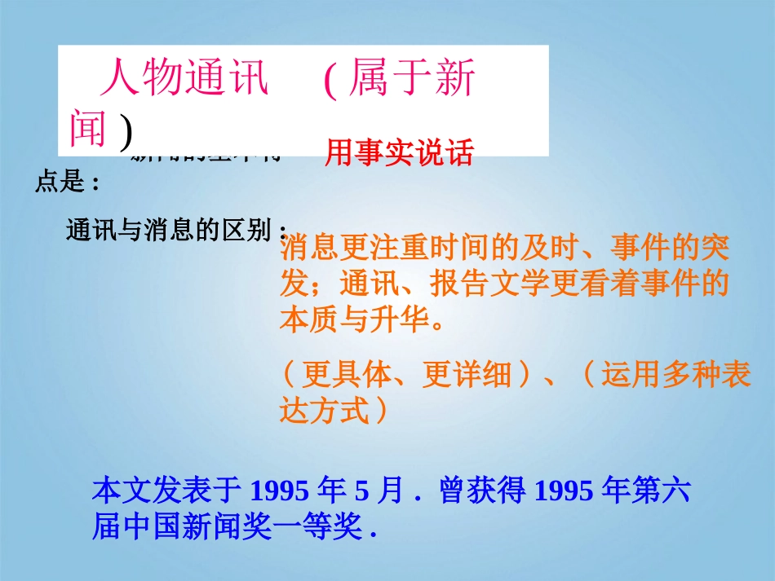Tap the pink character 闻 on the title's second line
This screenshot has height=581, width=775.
click(88, 129)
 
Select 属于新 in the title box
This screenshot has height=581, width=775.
click(411, 81)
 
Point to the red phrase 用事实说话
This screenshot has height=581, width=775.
click(399, 153)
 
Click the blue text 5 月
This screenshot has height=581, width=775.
click(379, 491)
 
